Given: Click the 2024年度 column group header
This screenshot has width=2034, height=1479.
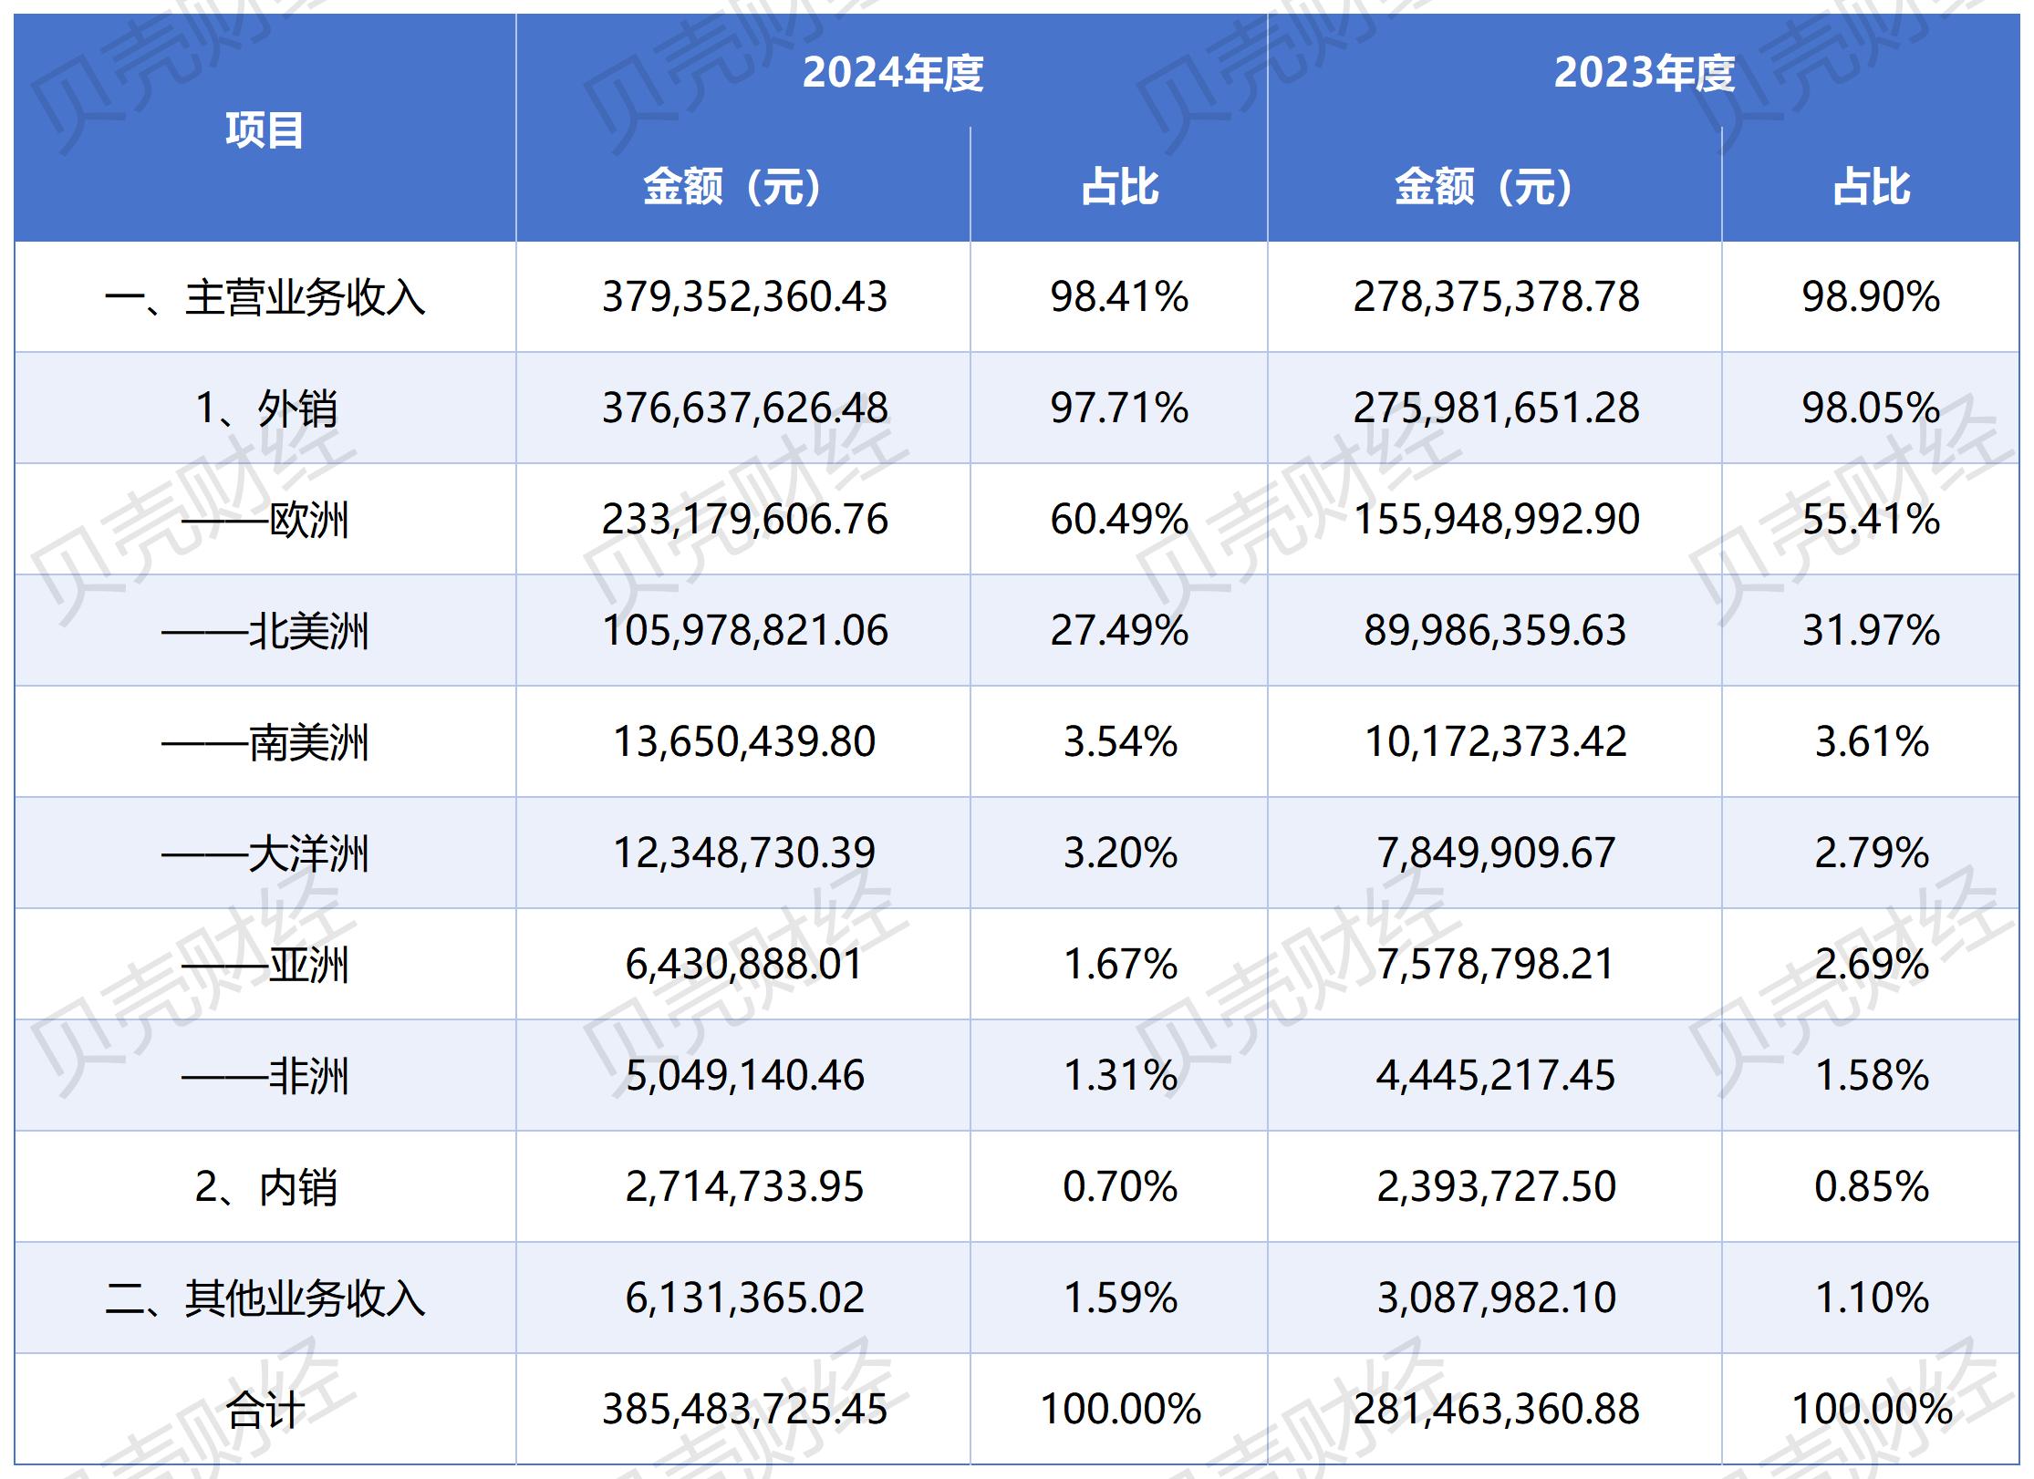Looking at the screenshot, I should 892,73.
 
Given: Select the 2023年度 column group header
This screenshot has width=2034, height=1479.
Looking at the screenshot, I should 1644,73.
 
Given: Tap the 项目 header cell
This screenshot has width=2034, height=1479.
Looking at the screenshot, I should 265,129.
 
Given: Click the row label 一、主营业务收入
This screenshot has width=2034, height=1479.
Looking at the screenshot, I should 265,297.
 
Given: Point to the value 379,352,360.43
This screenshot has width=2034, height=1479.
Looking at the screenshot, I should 744,297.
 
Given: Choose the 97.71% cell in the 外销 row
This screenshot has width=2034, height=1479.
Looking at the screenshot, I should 1119,409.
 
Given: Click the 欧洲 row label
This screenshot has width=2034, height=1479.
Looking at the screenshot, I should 265,520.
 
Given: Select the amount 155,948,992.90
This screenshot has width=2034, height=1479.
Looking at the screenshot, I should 1496,520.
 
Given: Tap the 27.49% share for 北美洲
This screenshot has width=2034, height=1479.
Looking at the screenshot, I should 1119,631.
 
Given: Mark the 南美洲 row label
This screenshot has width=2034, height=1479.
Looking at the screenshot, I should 265,742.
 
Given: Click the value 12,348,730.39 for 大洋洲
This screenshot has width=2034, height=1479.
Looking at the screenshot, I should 744,853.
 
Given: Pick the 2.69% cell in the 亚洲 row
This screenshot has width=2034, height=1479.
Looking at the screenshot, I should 1871,965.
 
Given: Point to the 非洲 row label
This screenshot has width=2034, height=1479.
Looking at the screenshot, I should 265,1076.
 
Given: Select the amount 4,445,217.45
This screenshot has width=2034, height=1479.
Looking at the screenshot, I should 1496,1076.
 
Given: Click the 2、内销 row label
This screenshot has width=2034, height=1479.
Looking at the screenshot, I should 265,1187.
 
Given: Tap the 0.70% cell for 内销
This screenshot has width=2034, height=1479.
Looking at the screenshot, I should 1119,1187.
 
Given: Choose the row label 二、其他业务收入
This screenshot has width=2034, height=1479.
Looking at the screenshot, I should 265,1298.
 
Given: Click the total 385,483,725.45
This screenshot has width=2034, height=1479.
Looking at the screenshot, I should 744,1410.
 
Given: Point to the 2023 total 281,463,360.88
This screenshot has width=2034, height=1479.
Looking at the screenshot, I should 1496,1410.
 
